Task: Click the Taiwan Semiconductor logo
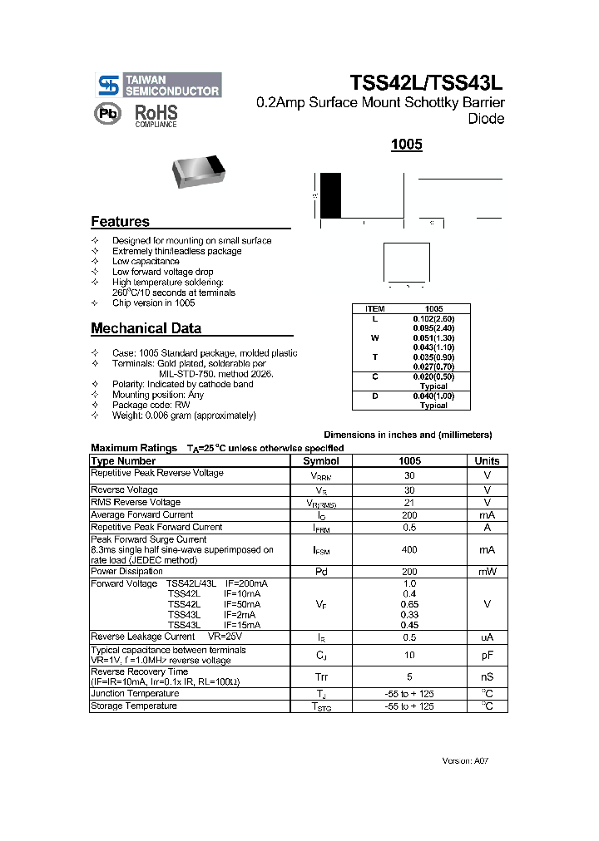tap(158, 85)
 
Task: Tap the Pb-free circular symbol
tap(109, 114)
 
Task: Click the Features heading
tap(120, 222)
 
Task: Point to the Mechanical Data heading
tap(146, 328)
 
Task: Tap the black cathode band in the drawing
tap(330, 195)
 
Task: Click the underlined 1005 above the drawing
tap(407, 145)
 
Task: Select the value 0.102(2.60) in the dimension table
tap(433, 318)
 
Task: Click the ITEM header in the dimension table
tap(374, 308)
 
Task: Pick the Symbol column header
tap(320, 460)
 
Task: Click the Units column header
tap(487, 460)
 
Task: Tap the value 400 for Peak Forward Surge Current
tap(409, 550)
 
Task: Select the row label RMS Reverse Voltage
tap(136, 502)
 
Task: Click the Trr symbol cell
tap(320, 676)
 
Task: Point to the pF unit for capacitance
tap(487, 656)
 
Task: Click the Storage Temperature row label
tap(134, 706)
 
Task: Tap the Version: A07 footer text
tap(471, 760)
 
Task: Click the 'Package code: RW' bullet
tap(152, 405)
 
